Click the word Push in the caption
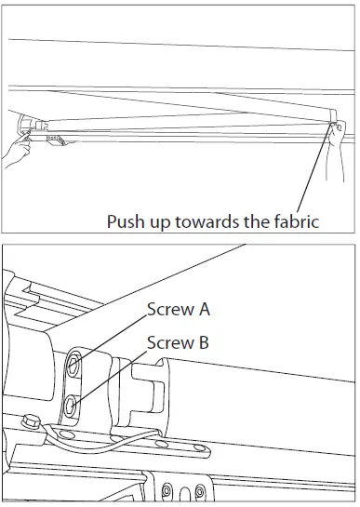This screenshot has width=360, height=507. click(x=126, y=222)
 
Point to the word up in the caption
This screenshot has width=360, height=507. click(x=162, y=222)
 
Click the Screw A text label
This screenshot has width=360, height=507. click(x=178, y=311)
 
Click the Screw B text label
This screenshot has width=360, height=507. click(x=178, y=342)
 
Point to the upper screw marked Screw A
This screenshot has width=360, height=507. click(x=75, y=361)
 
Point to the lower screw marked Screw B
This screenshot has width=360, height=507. click(x=73, y=404)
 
